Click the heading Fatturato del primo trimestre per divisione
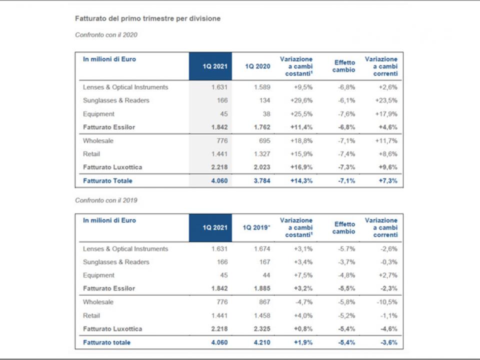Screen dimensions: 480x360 click(x=148, y=18)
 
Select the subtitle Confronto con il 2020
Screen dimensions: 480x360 click(x=106, y=35)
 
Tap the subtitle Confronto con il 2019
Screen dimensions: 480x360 click(x=106, y=200)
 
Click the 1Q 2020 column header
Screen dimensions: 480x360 click(x=258, y=66)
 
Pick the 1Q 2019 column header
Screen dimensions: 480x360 click(x=256, y=227)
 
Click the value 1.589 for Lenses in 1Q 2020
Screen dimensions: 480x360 click(x=262, y=87)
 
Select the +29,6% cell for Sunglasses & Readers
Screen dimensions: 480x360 click(x=301, y=100)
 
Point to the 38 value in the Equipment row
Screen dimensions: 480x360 click(x=266, y=114)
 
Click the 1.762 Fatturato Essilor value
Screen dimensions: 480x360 click(x=262, y=127)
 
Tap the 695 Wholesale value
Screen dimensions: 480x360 click(x=265, y=141)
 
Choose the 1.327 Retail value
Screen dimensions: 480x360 click(x=262, y=154)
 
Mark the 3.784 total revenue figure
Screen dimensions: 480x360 click(x=262, y=180)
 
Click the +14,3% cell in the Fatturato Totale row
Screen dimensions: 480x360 click(x=301, y=180)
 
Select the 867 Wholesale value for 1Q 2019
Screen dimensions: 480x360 click(x=265, y=302)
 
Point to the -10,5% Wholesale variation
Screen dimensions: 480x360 click(x=387, y=302)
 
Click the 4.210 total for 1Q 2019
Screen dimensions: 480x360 click(x=262, y=342)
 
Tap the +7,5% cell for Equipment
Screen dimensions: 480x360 click(x=303, y=275)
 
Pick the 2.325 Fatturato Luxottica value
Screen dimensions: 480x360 click(x=262, y=329)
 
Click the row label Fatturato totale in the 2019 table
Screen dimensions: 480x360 click(x=107, y=342)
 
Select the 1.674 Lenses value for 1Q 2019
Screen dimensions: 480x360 click(x=262, y=249)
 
